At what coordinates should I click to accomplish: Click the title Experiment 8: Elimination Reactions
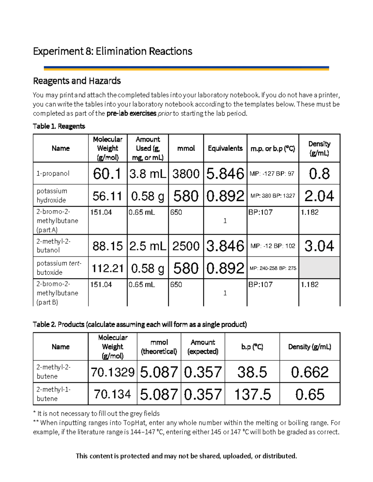coord(113,51)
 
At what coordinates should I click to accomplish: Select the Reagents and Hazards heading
coord(77,81)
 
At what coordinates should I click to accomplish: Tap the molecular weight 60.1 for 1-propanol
coord(107,174)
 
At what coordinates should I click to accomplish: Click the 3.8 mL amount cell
coord(148,174)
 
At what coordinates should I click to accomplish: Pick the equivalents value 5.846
coord(225,174)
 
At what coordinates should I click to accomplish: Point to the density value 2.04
coord(319,196)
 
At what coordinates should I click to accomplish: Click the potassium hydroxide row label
coord(52,196)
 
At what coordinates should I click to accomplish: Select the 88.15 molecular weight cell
coord(108,246)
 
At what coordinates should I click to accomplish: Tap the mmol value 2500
coord(186,246)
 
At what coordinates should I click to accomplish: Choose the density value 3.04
coord(319,246)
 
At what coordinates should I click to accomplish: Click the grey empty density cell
coord(319,268)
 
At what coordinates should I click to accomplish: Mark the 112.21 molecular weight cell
coord(108,268)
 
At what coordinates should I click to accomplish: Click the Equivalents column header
coord(225,148)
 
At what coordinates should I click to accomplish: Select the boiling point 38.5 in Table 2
coord(252,372)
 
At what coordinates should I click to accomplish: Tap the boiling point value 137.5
coord(252,394)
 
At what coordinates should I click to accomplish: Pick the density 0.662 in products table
coord(310,372)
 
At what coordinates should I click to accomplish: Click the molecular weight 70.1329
coord(113,372)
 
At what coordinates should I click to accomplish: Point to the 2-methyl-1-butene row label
coord(53,394)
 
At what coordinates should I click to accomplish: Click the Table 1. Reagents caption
coord(59,126)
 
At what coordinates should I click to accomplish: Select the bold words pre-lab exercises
coord(131,114)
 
